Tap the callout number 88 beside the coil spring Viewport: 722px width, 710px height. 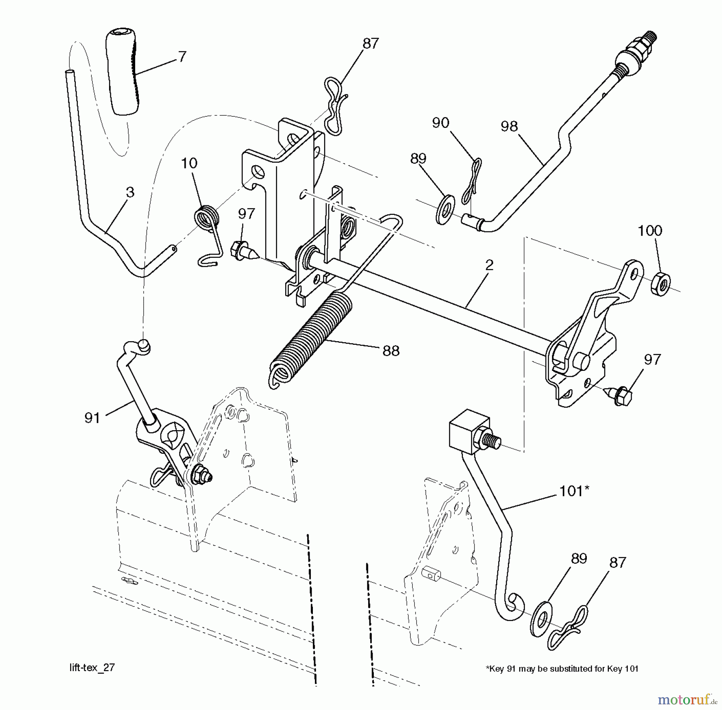tap(391, 351)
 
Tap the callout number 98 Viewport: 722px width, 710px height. tap(509, 126)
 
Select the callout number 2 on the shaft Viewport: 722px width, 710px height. tap(489, 265)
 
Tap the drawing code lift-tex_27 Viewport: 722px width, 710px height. tap(92, 668)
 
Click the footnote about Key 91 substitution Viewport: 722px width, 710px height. tap(562, 669)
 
